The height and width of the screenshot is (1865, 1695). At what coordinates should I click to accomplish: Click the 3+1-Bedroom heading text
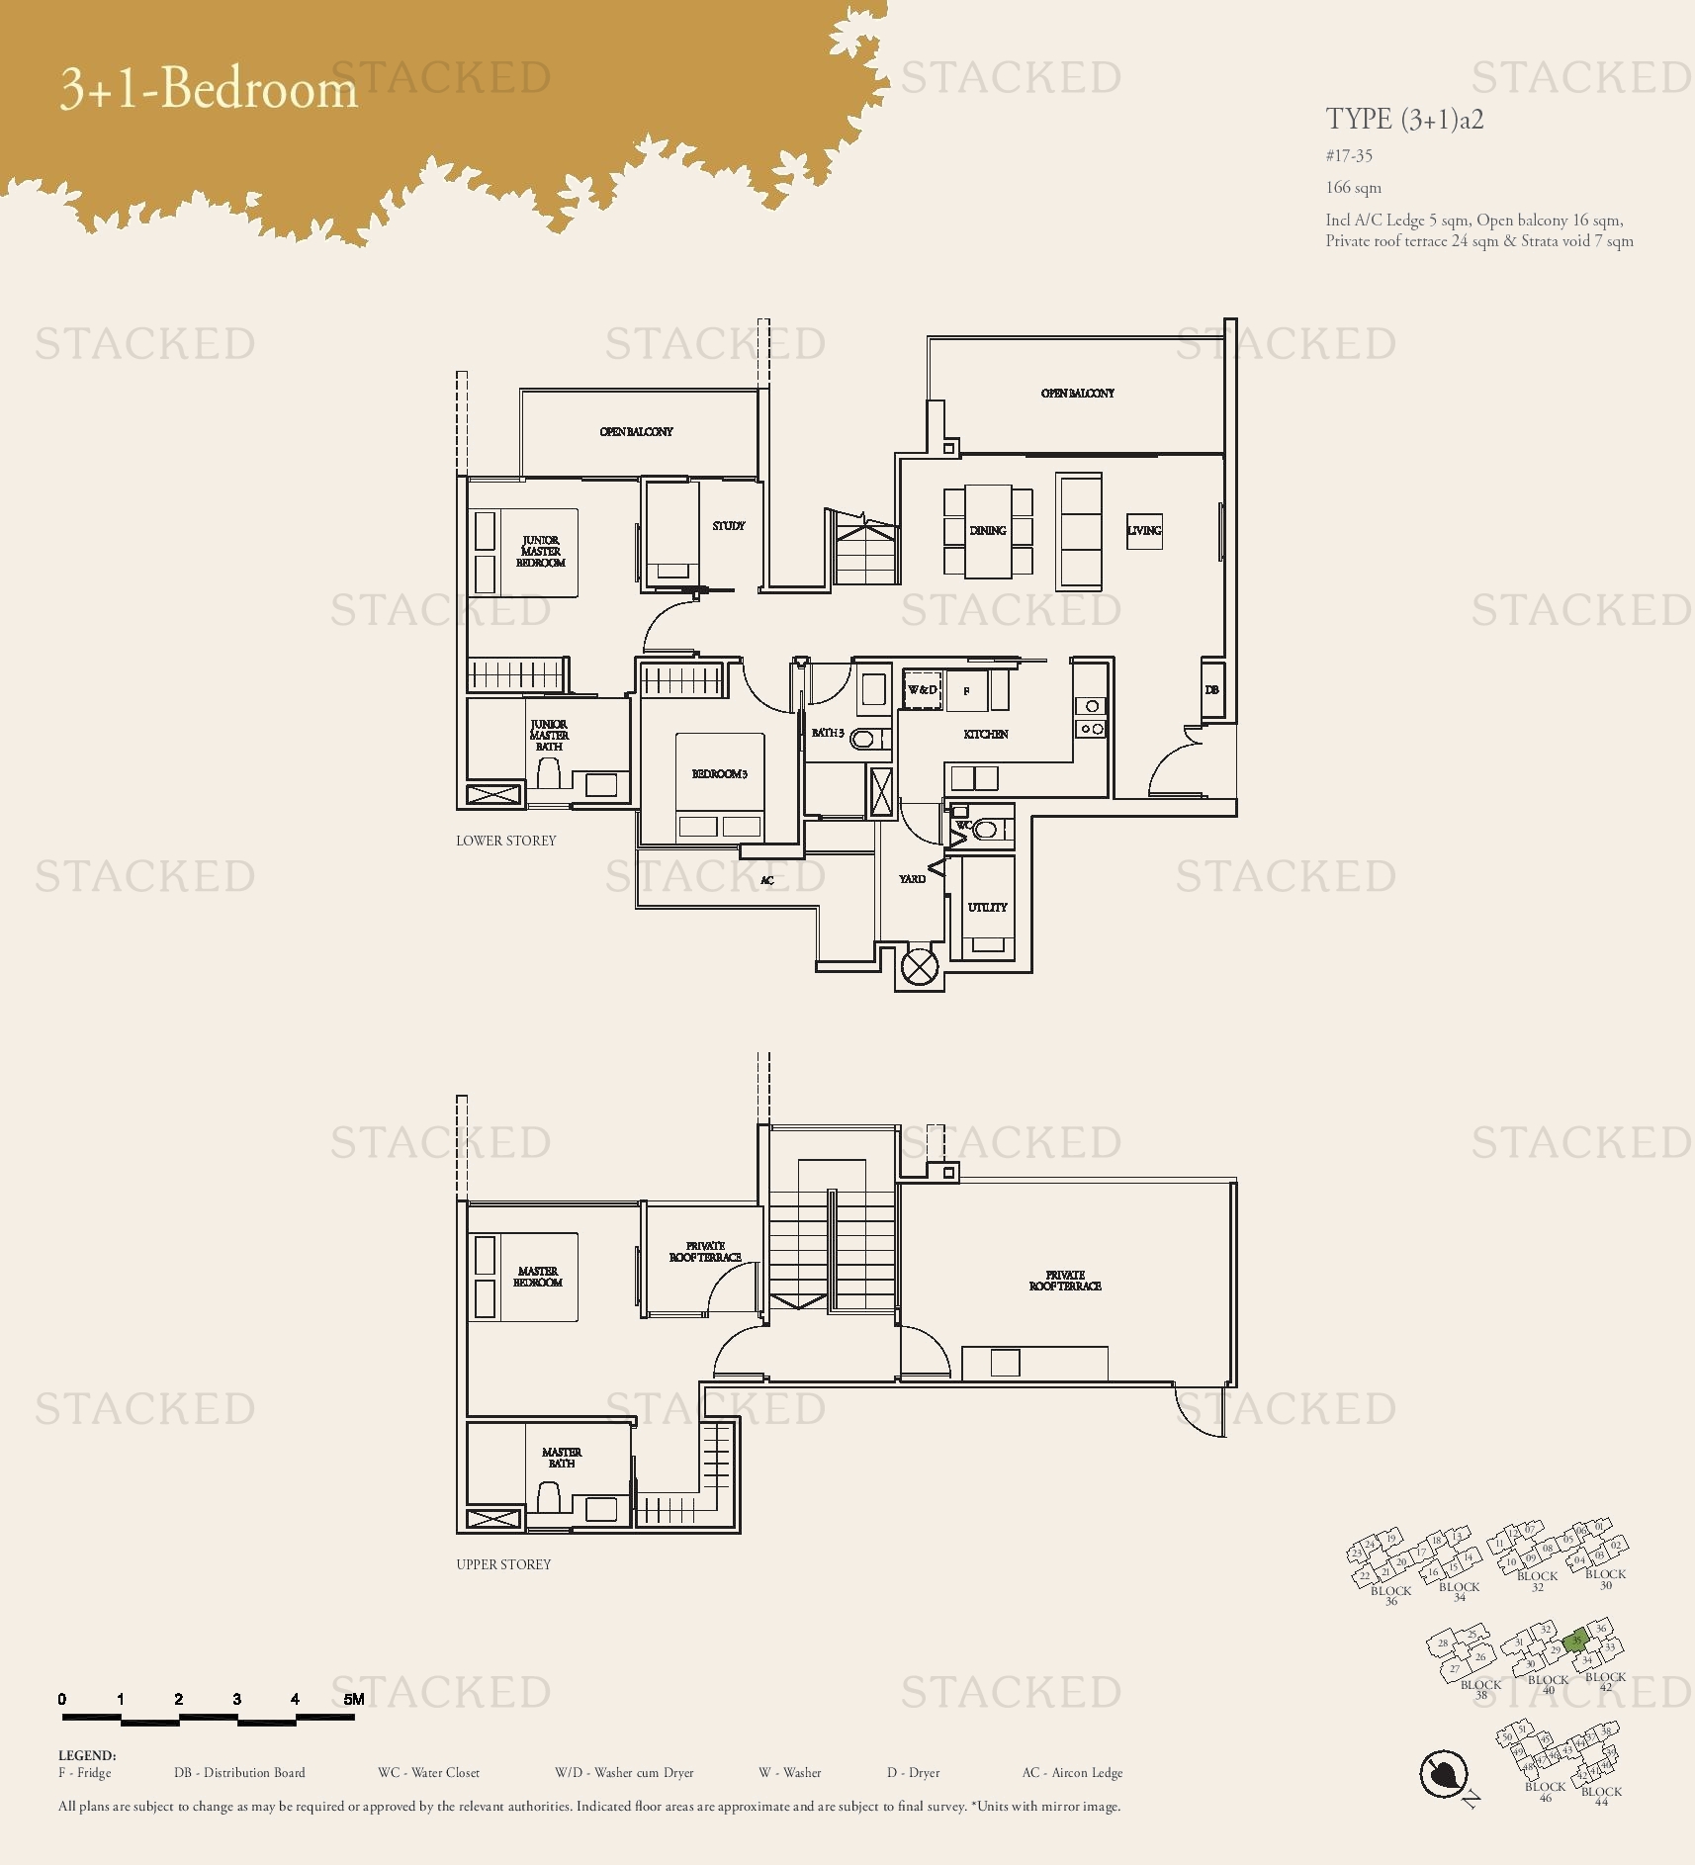pos(209,88)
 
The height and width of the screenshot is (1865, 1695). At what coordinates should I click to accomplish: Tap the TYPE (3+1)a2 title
pos(1403,120)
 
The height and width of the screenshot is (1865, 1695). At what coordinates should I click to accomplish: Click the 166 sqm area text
pos(1353,188)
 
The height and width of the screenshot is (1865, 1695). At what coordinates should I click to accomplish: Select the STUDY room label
pos(728,526)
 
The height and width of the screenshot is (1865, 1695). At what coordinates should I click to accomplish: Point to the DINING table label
pos(987,531)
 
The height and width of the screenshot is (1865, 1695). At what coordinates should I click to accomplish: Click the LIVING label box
pos(1144,531)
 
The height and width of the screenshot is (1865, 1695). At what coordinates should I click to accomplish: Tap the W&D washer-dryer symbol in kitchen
pos(922,690)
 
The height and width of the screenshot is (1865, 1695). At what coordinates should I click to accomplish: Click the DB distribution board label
pos(1211,690)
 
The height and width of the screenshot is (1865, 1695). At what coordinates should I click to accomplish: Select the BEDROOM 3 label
pos(719,773)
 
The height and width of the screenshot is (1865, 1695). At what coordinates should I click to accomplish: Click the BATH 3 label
pos(827,733)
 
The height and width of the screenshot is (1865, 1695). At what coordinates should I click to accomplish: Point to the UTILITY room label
pos(987,907)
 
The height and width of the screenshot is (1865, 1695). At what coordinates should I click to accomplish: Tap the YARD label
pos(912,878)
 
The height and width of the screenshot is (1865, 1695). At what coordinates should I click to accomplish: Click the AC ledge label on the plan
pos(766,880)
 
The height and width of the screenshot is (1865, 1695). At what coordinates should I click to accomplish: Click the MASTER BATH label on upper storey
pos(561,1458)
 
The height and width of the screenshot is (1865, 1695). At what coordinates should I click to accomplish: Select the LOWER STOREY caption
pos(505,841)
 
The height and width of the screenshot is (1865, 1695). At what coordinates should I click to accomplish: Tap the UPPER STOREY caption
pos(503,1564)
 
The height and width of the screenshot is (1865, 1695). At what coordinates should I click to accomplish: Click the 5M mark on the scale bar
pos(353,1700)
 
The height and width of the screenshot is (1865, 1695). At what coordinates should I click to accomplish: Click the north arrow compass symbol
pos(1442,1773)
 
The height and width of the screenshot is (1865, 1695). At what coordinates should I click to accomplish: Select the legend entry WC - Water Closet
pos(428,1773)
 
